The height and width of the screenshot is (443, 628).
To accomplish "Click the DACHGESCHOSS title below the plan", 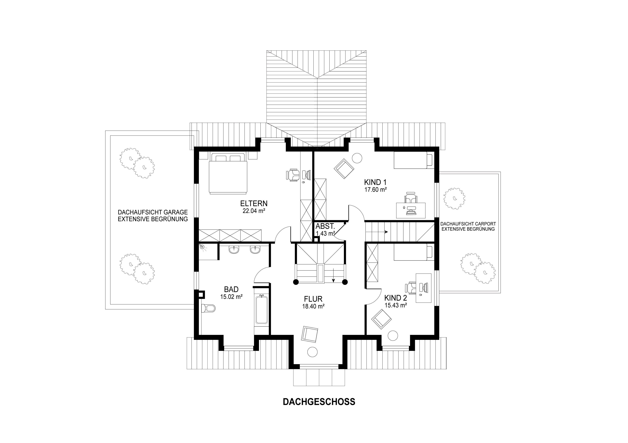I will (319, 402).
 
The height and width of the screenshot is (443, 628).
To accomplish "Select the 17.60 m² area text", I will (375, 189).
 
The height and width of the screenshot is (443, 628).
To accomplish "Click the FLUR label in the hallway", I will (313, 299).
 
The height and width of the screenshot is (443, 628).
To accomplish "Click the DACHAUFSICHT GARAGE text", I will (153, 212).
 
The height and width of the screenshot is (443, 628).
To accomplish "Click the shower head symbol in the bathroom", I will (202, 247).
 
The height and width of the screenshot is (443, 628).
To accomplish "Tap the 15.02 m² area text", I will (231, 297).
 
